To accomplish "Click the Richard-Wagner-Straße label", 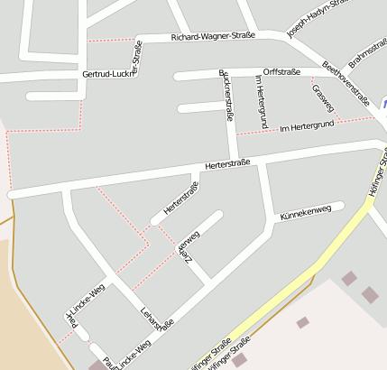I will pyautogui.click(x=213, y=36).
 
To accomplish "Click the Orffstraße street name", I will pyautogui.click(x=281, y=70).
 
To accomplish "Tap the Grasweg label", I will pyautogui.click(x=322, y=98).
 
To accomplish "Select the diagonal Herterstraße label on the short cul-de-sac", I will pyautogui.click(x=181, y=199).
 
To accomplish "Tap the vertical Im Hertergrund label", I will pyautogui.click(x=259, y=99).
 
